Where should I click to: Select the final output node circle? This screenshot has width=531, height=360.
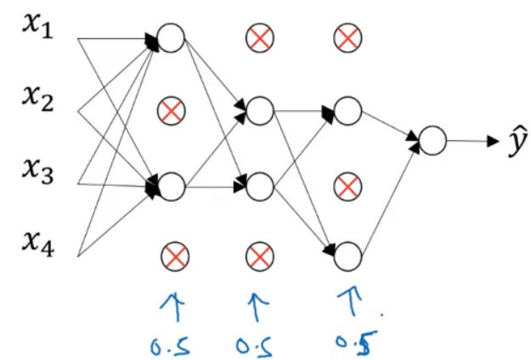pos(432,141)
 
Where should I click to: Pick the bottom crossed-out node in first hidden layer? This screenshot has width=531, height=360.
pos(174,255)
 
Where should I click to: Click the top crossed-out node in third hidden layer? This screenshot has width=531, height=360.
pos(347,37)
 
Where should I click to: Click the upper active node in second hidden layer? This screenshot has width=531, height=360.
pos(258,110)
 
